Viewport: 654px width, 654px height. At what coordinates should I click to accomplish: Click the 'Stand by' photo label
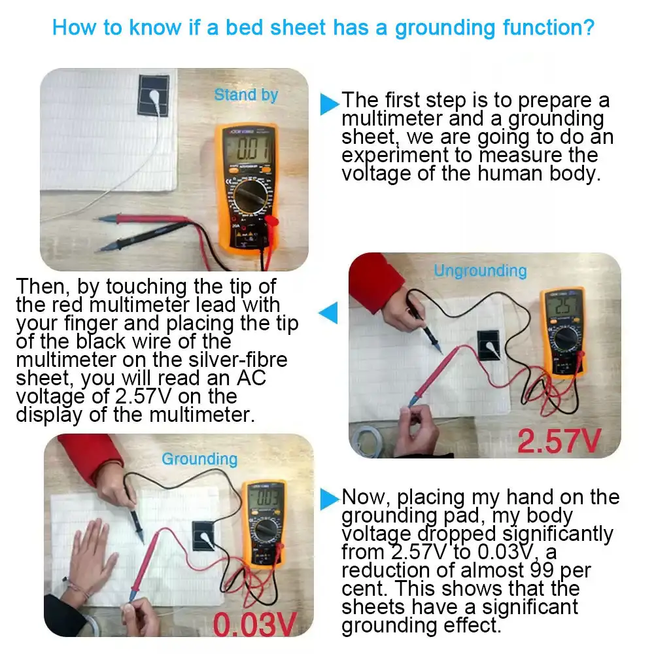click(x=246, y=95)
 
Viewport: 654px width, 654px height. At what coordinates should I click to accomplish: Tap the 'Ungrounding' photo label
click(x=480, y=271)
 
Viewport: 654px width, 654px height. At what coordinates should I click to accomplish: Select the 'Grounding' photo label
click(x=199, y=459)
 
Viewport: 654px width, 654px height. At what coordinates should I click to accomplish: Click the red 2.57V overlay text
click(x=559, y=441)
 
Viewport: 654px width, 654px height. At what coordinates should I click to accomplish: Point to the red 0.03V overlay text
click(x=255, y=625)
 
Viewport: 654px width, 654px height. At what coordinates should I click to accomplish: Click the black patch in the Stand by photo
click(x=154, y=95)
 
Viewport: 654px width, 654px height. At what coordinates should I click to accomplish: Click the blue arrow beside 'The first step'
click(x=330, y=104)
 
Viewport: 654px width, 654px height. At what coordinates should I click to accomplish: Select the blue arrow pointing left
click(x=328, y=313)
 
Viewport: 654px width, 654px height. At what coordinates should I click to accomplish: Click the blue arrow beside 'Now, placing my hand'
click(x=330, y=499)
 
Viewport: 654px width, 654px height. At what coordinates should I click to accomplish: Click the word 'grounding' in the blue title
click(x=445, y=28)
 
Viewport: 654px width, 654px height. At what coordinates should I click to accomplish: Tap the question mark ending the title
click(x=589, y=27)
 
